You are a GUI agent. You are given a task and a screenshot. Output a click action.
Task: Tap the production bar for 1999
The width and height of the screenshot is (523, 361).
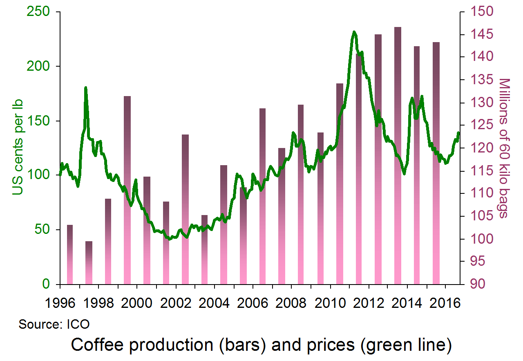click(x=127, y=190)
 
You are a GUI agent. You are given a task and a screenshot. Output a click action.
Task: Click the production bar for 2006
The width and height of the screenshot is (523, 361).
click(x=262, y=196)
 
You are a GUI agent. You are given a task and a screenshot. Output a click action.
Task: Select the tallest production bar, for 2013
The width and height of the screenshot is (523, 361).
click(x=398, y=155)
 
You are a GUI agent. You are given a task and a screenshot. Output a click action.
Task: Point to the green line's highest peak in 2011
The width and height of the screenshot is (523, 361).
click(x=354, y=32)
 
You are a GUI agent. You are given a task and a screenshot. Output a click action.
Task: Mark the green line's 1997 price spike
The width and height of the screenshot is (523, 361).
click(x=86, y=87)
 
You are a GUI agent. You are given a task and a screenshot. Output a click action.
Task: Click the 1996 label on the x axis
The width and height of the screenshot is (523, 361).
click(x=60, y=305)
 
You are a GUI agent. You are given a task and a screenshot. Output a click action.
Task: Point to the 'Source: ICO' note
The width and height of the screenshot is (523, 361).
click(x=54, y=325)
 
